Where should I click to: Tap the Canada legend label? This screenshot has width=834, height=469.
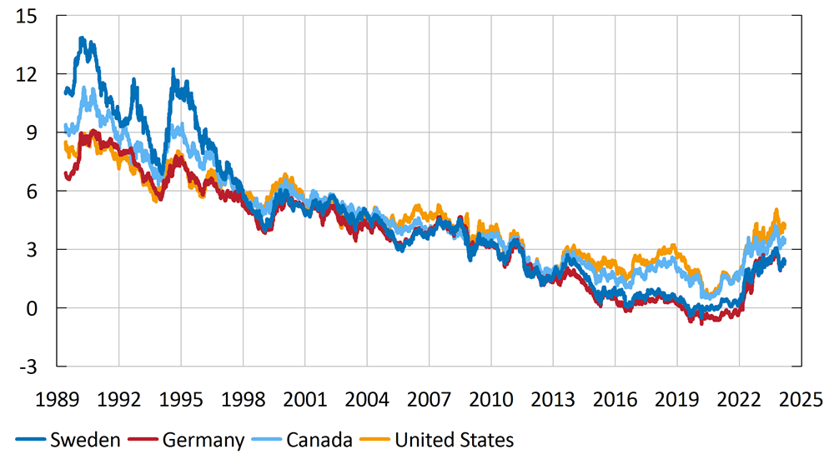[319, 440]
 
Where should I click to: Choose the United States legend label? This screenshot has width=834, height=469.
[454, 440]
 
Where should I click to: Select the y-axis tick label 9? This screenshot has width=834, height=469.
[33, 132]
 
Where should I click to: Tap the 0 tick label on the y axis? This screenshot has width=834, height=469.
[33, 308]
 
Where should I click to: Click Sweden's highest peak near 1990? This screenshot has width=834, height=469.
[82, 38]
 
